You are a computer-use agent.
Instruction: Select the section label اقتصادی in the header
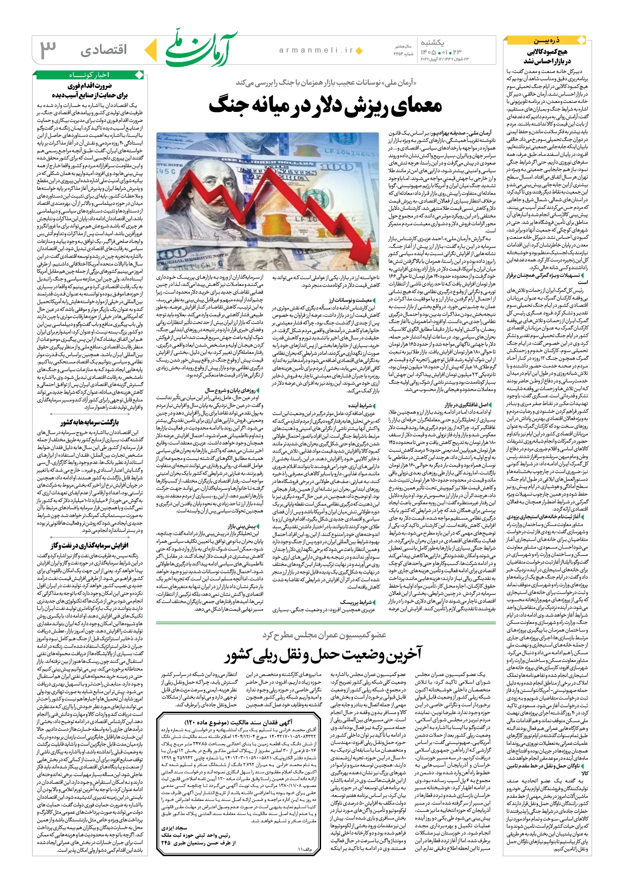pos(104,50)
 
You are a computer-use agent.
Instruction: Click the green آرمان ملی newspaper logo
pos(201,49)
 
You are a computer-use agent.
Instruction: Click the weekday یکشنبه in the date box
pos(432,42)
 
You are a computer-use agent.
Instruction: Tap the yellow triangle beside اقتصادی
pos(153,50)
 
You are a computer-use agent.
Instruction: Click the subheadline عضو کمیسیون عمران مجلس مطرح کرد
pos(324,635)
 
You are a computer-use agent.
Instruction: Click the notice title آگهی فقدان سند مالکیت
pos(239,722)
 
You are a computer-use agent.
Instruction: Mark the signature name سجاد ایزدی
pos(174,828)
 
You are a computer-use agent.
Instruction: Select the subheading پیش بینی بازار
pos(241,526)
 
